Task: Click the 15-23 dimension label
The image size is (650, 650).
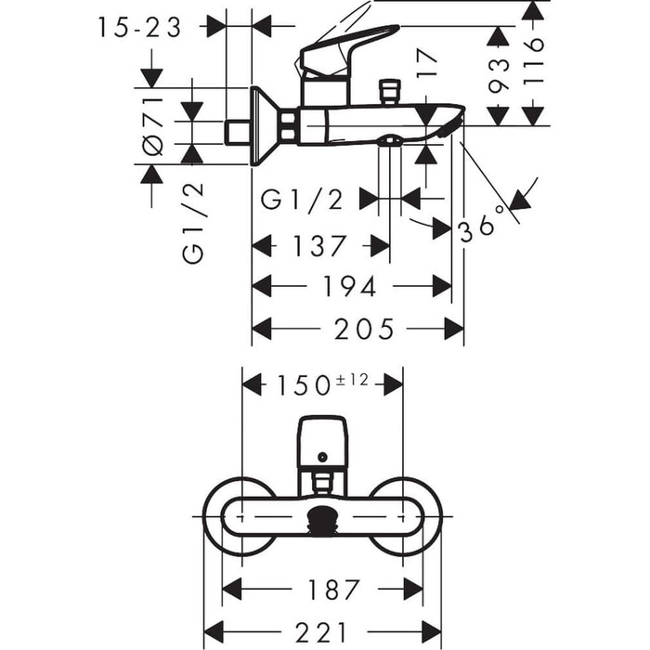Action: (x=139, y=28)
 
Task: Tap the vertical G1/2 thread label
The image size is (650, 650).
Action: (x=192, y=223)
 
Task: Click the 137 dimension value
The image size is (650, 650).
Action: (x=319, y=246)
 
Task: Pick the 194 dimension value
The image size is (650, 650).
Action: (x=350, y=287)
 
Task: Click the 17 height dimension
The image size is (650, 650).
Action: (x=426, y=72)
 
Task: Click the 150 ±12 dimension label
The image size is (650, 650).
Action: (x=321, y=383)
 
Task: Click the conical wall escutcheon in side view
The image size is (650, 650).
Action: (x=264, y=126)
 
